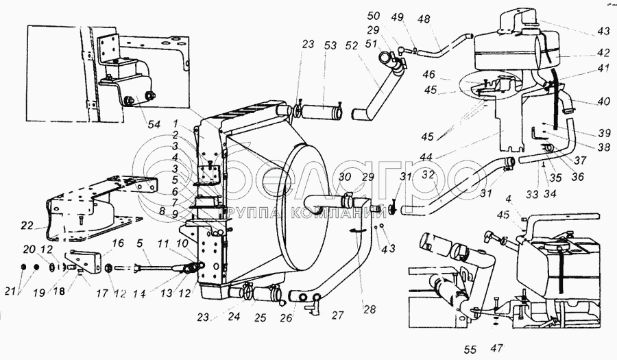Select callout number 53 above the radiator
click(x=330, y=45)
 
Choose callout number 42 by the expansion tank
click(x=583, y=52)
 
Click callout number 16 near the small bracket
click(x=117, y=243)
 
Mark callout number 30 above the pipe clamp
click(x=345, y=176)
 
